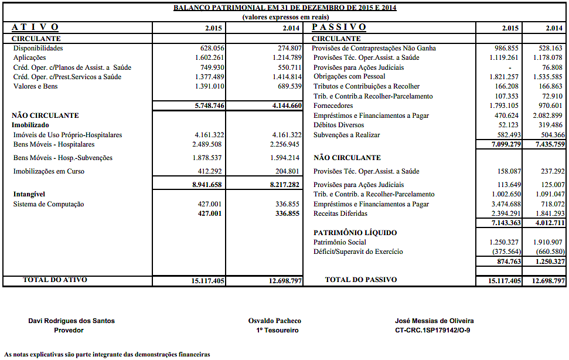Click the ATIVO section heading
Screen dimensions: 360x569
35,27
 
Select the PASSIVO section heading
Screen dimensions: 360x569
339,27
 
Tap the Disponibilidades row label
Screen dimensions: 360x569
38,48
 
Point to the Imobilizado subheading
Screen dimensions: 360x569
30,125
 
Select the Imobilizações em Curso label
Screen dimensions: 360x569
49,171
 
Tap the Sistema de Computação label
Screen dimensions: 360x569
49,204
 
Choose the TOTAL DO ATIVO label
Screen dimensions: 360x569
55,280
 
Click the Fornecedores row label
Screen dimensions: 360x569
333,106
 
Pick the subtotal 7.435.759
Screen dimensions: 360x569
546,144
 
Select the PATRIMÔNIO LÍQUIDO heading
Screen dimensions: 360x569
355,233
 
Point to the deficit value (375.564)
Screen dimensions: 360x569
502,252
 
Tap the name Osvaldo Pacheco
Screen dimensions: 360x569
275,321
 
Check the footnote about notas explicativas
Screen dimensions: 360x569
107,354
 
